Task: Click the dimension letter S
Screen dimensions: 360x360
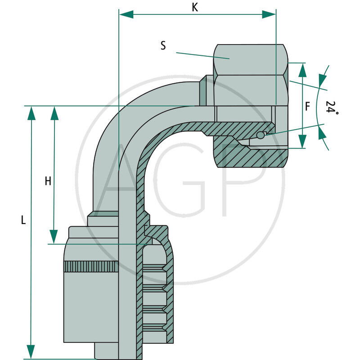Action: click(163, 45)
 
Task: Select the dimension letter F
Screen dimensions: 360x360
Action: click(307, 107)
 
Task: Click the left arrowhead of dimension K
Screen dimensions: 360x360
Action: click(126, 14)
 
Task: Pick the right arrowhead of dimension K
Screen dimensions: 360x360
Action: click(269, 14)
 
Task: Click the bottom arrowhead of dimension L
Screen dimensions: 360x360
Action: click(31, 351)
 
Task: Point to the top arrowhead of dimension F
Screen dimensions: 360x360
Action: click(302, 70)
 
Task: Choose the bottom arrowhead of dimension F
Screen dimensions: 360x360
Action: click(302, 141)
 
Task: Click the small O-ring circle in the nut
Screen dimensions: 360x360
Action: click(261, 135)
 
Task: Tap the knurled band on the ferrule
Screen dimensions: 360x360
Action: click(91, 266)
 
